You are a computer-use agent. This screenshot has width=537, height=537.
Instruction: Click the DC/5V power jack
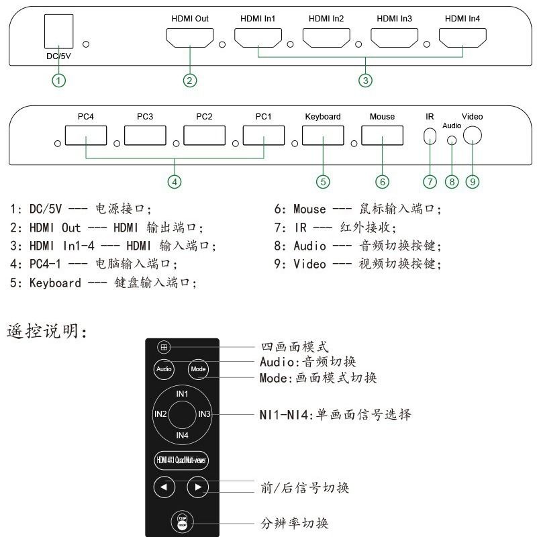tap(58, 31)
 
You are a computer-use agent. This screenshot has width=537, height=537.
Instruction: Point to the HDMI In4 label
tap(463, 18)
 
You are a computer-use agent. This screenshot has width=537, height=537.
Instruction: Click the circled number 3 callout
tap(365, 81)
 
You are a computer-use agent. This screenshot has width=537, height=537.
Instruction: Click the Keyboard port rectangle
tap(322, 136)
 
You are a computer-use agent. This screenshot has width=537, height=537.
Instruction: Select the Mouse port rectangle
tap(382, 136)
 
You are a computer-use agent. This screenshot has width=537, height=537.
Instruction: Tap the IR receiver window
tap(430, 136)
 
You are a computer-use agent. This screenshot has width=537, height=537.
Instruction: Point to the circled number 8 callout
tap(452, 181)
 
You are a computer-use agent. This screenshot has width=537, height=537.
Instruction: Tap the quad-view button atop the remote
tap(164, 348)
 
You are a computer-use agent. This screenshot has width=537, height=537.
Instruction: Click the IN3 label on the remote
tap(204, 414)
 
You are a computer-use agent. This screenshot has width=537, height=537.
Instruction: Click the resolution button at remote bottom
tap(181, 520)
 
